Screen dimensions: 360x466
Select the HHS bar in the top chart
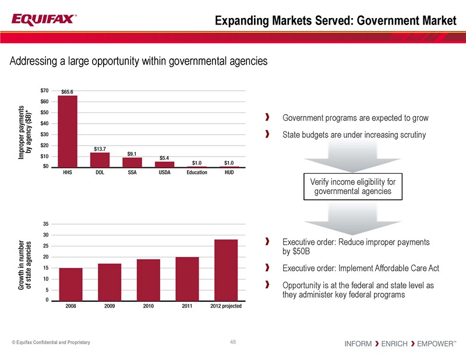coord(68,132)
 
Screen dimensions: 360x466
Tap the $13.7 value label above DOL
coord(100,148)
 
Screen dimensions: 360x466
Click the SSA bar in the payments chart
coord(132,163)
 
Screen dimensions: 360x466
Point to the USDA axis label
coord(164,172)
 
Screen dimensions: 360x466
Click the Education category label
coord(197,172)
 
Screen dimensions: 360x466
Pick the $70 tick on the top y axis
coord(45,91)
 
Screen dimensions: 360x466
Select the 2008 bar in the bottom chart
coord(71,284)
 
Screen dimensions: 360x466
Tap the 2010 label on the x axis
coord(148,306)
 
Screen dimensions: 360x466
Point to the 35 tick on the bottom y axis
coord(45,224)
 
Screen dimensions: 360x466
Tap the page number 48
coord(234,342)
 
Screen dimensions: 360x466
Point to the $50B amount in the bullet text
coord(296,252)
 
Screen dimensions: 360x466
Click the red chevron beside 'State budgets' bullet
coord(267,135)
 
